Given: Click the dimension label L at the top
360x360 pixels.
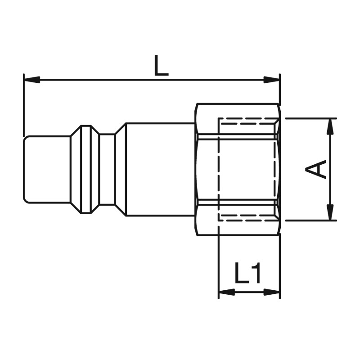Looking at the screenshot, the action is (x=162, y=65).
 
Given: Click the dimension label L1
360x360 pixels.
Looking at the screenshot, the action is (x=247, y=273).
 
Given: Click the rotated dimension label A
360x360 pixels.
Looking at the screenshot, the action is (x=316, y=169).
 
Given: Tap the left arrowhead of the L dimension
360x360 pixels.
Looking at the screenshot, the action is (x=32, y=80).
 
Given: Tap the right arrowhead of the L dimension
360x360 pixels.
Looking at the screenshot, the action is (x=272, y=80).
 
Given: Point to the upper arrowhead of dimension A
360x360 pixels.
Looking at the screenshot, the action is (x=330, y=126).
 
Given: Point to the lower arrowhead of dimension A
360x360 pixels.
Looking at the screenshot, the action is (x=330, y=212).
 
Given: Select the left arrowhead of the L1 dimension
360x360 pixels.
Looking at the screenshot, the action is (x=227, y=292).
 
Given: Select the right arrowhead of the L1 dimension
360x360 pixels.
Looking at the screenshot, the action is (x=272, y=292).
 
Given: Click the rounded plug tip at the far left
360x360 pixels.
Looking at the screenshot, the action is (x=47, y=170).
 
